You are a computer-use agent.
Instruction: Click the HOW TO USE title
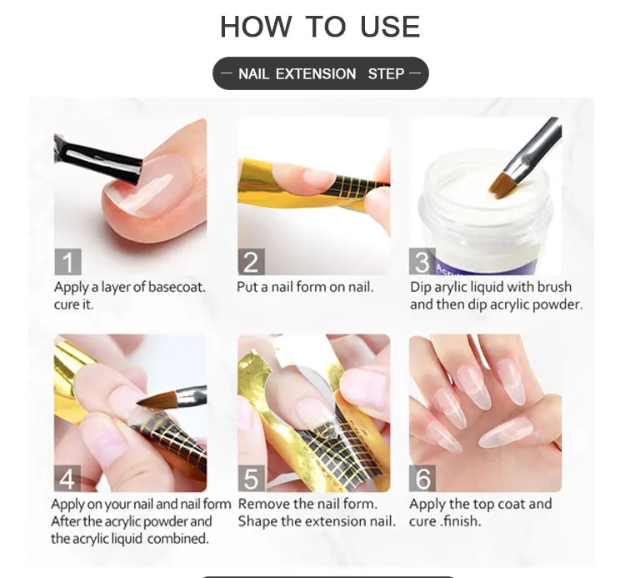(x=320, y=27)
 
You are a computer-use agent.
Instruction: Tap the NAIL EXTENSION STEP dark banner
(x=321, y=73)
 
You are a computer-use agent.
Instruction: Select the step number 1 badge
(x=67, y=262)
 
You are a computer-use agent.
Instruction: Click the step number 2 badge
(x=251, y=262)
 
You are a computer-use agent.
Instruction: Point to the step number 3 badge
(x=422, y=262)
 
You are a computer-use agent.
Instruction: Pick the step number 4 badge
(x=67, y=478)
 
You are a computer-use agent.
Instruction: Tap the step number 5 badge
(x=251, y=478)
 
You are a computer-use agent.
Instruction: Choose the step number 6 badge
(x=422, y=478)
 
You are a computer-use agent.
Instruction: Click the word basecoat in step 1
(x=176, y=287)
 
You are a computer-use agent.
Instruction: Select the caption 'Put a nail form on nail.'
(x=305, y=287)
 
